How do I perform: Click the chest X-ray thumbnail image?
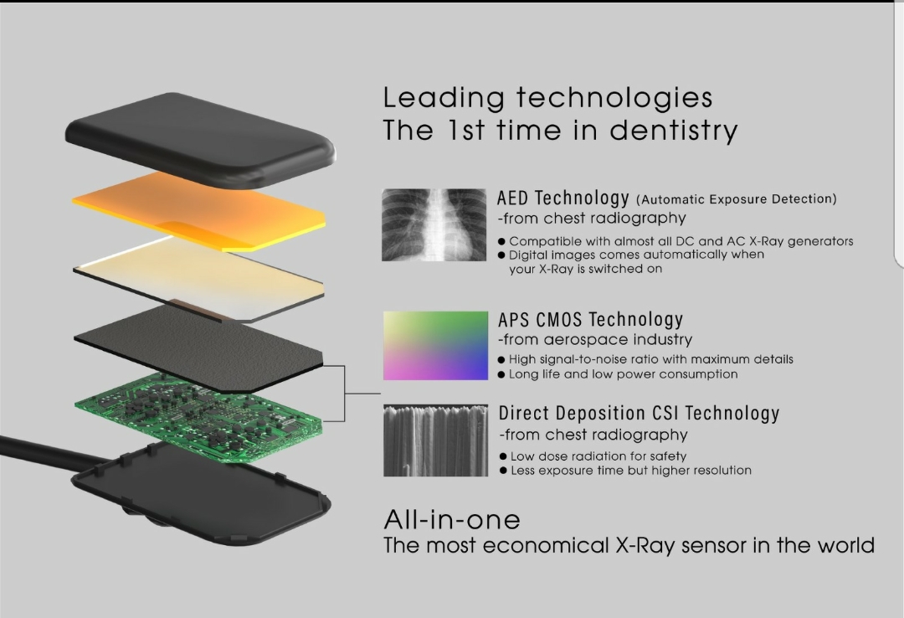pos(434,224)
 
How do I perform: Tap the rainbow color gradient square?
pos(435,345)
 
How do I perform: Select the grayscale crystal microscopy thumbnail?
pos(435,440)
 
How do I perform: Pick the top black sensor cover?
pos(200,140)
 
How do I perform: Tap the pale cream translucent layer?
pos(199,278)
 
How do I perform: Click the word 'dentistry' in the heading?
pos(673,131)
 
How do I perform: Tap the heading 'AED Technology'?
pos(562,198)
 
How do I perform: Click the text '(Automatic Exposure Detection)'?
pos(737,199)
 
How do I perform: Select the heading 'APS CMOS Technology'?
pos(590,319)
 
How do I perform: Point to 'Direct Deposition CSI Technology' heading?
pos(639,413)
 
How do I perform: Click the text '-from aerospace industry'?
pos(595,339)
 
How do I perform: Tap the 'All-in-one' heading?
pos(452,520)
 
